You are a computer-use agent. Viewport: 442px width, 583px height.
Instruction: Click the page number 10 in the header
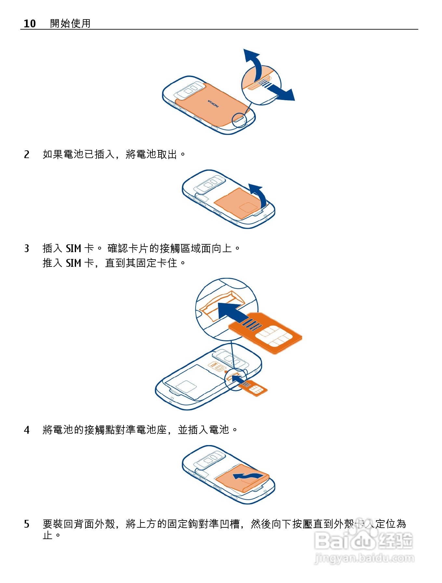pyautogui.click(x=30, y=23)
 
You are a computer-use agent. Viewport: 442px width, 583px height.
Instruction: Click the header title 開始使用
pyautogui.click(x=70, y=23)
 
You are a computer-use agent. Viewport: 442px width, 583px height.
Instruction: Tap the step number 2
pyautogui.click(x=27, y=154)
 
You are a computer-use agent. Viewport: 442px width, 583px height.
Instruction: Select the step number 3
pyautogui.click(x=27, y=249)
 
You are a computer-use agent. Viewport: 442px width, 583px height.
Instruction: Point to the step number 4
pyautogui.click(x=27, y=430)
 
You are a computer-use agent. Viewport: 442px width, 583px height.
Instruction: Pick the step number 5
pyautogui.click(x=27, y=524)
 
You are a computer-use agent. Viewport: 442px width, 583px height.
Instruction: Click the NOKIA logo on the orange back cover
pyautogui.click(x=214, y=104)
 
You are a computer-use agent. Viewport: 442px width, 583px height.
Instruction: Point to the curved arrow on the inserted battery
pyautogui.click(x=247, y=476)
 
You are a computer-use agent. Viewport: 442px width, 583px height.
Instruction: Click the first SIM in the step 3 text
pyautogui.click(x=73, y=249)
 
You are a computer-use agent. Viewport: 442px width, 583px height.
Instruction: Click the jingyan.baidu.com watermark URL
pyautogui.click(x=364, y=559)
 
